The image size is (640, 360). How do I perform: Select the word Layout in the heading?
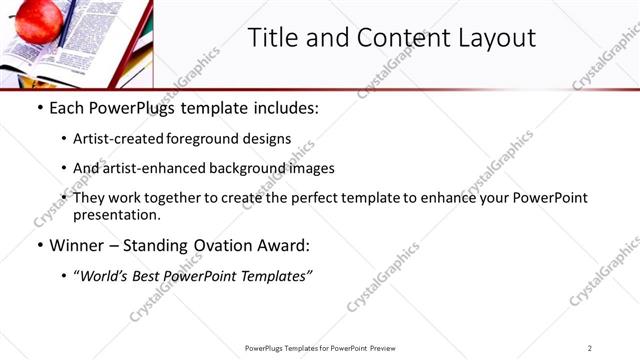click(496, 38)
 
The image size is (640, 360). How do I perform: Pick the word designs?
click(269, 139)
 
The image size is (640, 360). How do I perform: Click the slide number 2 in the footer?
click(590, 348)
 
